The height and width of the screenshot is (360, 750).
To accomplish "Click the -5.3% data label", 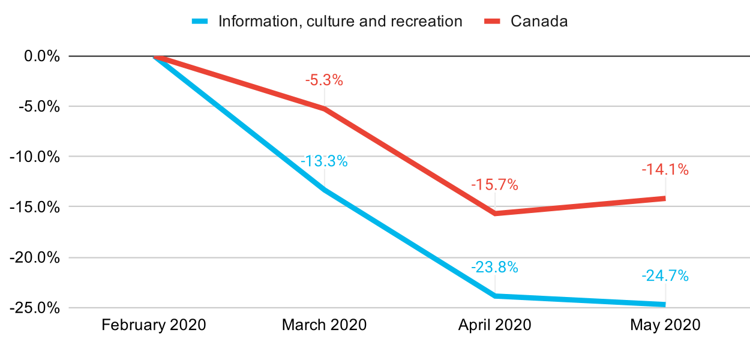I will (x=324, y=80).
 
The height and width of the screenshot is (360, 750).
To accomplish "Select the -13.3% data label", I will (x=324, y=161).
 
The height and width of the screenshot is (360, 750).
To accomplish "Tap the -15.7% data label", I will (x=494, y=185).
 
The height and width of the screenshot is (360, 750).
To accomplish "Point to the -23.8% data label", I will (x=494, y=267).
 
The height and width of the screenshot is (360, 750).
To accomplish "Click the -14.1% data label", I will (x=665, y=170).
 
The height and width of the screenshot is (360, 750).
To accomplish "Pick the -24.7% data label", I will (x=665, y=276).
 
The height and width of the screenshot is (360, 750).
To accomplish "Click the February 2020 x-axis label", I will (x=154, y=325).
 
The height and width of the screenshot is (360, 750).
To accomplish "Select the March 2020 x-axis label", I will (x=324, y=325).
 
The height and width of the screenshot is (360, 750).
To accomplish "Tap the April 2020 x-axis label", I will (x=494, y=325).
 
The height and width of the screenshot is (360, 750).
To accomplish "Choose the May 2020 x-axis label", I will (x=665, y=325).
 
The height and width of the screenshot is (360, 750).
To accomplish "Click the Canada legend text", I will (x=539, y=22).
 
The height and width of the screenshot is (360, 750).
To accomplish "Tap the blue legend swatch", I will (x=200, y=22).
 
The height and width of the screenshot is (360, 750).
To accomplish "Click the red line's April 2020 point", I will (x=494, y=214).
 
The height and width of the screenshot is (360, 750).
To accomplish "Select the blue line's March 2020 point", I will (x=324, y=190).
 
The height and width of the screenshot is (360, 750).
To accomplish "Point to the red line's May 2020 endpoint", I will (x=664, y=198).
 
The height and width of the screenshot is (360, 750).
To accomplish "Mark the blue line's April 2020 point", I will (x=494, y=296).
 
